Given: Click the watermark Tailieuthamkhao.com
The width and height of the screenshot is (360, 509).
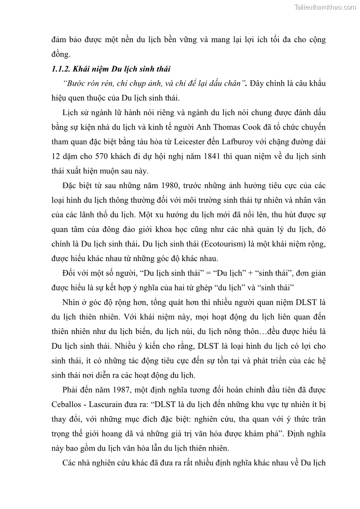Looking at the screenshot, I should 325,7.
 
